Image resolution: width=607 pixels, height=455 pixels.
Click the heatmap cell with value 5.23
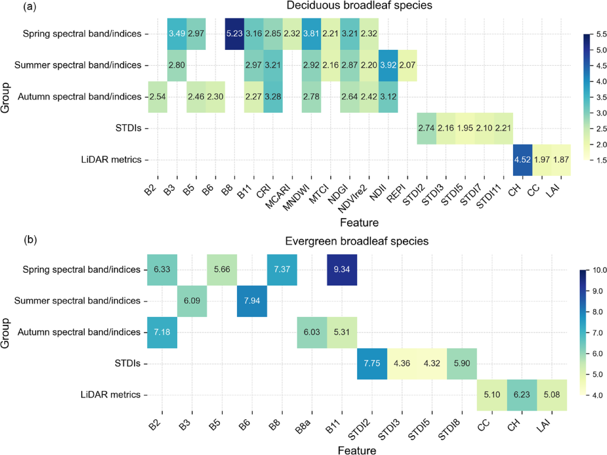234,33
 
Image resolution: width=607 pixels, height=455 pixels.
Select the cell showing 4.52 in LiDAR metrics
522,160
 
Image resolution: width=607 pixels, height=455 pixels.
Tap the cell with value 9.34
342,269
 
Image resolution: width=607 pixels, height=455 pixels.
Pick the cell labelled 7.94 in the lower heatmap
252,301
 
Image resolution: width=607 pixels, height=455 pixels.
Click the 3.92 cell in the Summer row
388,65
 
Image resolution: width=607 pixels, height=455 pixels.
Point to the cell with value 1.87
561,160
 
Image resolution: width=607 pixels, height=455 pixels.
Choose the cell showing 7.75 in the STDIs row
372,363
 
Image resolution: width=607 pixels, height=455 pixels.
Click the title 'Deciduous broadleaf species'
359,5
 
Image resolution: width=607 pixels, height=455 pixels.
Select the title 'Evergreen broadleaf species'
357,241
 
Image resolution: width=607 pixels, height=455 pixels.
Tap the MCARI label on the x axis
278,196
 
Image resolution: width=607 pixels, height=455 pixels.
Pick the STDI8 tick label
449,430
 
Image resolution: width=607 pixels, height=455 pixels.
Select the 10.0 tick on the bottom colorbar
599,270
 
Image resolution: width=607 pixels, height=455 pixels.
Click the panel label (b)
30,240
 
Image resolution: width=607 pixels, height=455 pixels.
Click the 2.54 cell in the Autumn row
157,96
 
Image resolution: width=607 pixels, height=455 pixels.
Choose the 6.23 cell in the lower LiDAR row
522,395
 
